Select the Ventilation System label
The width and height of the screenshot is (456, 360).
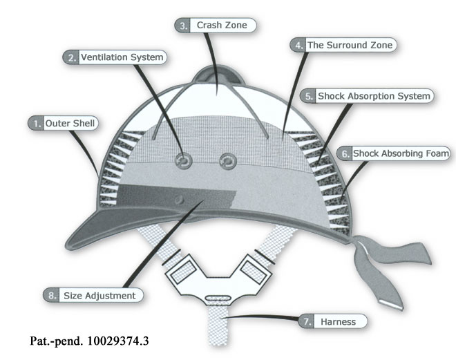pos(122,57)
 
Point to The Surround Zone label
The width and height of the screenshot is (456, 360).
pos(350,45)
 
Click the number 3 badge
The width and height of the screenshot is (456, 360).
pos(182,26)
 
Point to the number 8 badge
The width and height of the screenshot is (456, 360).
pos(52,295)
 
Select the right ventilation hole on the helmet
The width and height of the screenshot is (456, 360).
pos(227,161)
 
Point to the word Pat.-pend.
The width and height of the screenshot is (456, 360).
pos(53,341)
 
